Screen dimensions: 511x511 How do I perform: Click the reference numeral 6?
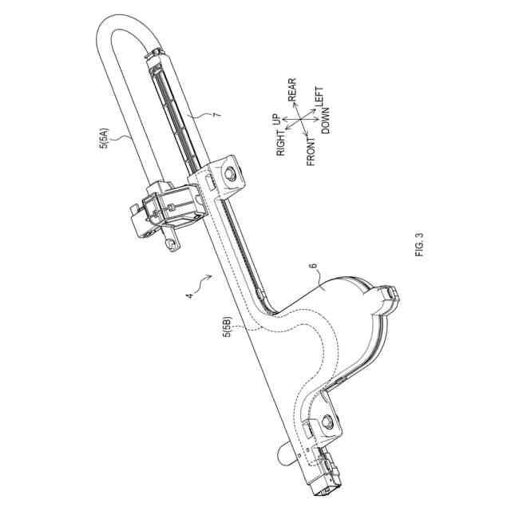(x=313, y=270)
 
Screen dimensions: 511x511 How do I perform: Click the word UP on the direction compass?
(x=277, y=120)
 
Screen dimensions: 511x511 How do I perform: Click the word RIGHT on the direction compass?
(x=281, y=141)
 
